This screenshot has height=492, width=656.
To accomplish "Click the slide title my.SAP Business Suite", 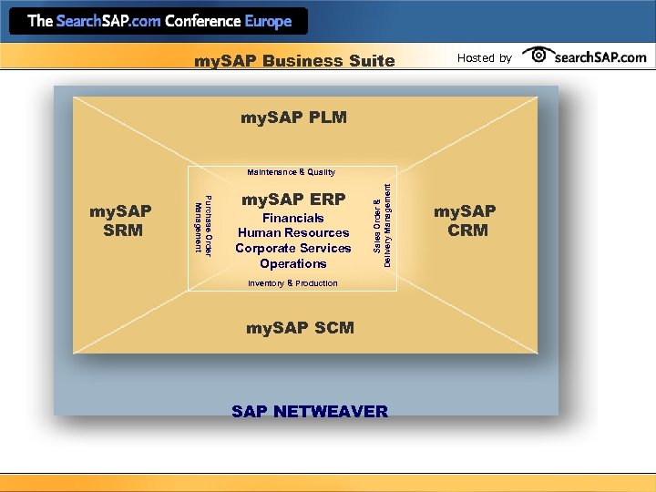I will click(294, 61).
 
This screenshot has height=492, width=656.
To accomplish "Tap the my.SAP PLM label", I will click(293, 118).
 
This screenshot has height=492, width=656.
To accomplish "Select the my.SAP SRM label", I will click(120, 220).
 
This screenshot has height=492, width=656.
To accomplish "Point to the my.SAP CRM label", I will click(465, 220).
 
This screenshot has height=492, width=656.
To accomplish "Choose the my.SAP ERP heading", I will click(292, 200).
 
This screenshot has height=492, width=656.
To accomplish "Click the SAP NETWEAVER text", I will click(309, 412).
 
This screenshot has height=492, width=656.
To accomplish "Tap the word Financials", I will click(292, 219).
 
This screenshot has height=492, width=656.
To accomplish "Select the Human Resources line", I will click(292, 233).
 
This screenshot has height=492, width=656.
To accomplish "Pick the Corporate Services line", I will click(292, 248).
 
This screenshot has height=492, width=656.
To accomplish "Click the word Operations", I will click(292, 263).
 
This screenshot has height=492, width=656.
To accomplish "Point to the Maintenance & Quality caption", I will click(291, 172).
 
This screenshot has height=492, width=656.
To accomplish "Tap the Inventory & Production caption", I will click(292, 283).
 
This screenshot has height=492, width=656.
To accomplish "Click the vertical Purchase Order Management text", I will click(203, 225).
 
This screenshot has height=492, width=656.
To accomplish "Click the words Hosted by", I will click(484, 57).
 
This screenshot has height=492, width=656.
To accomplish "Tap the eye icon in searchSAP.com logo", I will click(539, 56).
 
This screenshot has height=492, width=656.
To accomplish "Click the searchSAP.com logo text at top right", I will click(600, 56).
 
